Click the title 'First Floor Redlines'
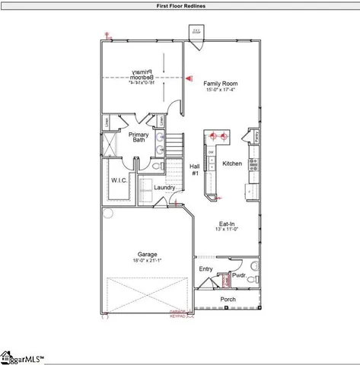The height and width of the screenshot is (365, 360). coord(180,5)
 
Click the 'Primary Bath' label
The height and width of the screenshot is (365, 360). coord(139,138)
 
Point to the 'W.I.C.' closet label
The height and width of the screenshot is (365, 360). coord(118,180)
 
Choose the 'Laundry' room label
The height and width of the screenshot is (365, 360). coord(164,188)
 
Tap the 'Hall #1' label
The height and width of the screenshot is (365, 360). coord(195,169)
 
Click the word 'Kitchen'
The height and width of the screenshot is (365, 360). coord(231,163)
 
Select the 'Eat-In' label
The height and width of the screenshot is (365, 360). coord(227,224)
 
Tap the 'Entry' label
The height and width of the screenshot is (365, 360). coord(206,269)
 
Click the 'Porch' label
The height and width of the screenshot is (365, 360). coord(228,300)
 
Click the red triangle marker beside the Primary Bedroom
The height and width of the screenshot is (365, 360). coord(189,77)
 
